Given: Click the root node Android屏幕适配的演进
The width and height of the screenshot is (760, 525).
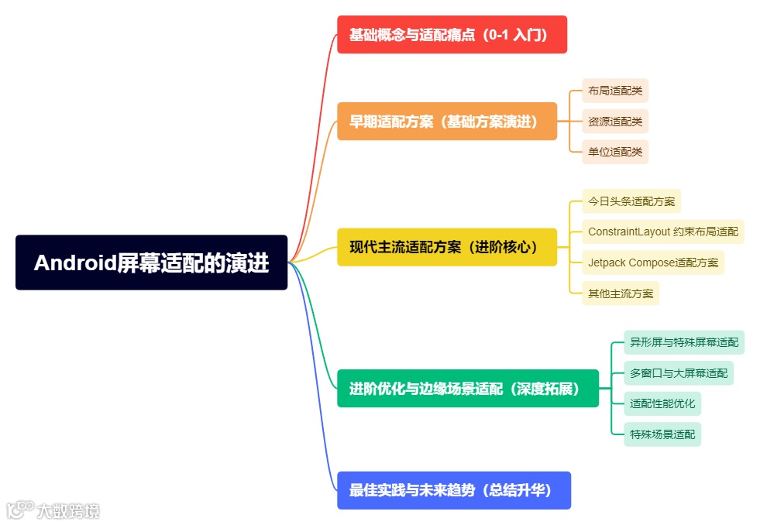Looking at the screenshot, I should tap(151, 262).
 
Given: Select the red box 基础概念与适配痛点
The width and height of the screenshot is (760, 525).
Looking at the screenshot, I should tap(452, 35).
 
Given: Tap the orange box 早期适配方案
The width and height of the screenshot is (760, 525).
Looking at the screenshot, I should tap(447, 122).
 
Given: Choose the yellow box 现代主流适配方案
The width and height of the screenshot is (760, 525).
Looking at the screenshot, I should tap(447, 247).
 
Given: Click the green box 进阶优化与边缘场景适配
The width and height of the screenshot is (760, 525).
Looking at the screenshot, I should tap(468, 388).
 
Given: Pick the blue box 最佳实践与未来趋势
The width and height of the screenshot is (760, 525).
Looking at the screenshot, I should tap(454, 490).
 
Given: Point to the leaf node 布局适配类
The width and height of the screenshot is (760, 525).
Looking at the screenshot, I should tap(615, 91).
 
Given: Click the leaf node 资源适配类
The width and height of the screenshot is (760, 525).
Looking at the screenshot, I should tap(615, 122).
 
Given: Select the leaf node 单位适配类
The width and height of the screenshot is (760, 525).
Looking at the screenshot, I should tap(615, 152).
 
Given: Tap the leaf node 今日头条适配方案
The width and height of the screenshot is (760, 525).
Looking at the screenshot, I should tap(631, 201).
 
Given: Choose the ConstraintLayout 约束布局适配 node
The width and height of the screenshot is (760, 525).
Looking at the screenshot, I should tap(663, 232).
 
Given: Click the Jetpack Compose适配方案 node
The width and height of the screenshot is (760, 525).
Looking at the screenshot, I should tap(653, 262).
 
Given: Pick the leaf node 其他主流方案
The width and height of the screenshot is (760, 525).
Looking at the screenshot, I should tap(621, 293).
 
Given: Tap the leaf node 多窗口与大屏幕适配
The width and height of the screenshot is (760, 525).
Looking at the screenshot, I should tap(679, 373).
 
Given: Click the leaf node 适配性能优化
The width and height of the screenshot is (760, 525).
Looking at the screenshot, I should tap(662, 403).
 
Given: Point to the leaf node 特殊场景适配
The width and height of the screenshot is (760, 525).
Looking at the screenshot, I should tap(662, 434).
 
